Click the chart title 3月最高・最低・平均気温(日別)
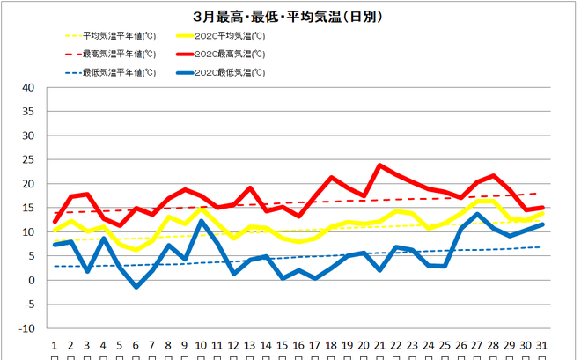290,16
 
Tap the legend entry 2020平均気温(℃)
229,36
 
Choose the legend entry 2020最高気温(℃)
229,54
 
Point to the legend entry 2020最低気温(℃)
229,72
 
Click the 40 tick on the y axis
28,88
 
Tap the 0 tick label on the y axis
32,280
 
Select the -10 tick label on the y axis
26,328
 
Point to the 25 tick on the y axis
28,160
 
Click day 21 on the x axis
379,345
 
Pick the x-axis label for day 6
136,345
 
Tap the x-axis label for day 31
541,345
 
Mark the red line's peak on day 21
379,165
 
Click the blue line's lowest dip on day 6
136,287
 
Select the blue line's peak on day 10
202,221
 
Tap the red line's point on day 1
55,221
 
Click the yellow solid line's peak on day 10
202,209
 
